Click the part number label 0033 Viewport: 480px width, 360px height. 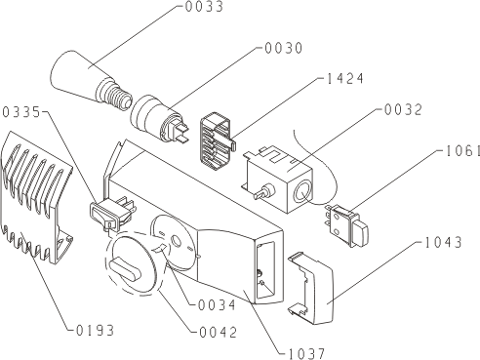[204, 7]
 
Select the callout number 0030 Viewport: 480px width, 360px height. [284, 48]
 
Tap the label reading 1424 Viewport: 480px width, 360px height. [344, 79]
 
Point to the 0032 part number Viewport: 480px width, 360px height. [403, 110]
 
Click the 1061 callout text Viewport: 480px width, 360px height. [462, 151]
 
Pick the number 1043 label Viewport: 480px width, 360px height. [443, 243]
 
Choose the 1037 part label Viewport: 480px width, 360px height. [306, 353]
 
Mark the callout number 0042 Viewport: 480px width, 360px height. [218, 333]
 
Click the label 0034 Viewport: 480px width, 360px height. [217, 305]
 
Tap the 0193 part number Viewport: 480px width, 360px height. [95, 331]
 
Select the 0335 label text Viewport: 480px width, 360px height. [21, 112]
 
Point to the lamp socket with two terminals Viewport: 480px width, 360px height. [159, 119]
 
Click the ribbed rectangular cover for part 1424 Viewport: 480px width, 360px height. [218, 141]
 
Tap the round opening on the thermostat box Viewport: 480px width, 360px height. [302, 193]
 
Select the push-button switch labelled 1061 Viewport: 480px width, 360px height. [346, 225]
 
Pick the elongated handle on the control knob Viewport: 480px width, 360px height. [125, 267]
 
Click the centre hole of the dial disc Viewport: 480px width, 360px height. [177, 241]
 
